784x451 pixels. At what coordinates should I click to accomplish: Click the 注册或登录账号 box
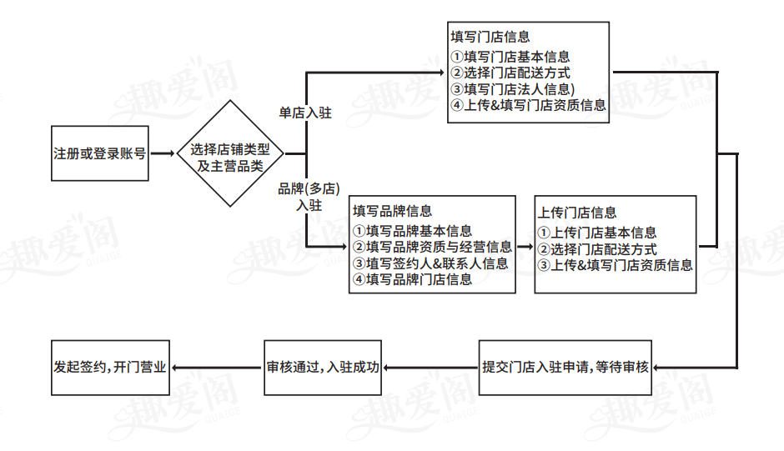(x=100, y=154)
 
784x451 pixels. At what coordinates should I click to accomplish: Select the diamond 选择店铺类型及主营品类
(x=229, y=154)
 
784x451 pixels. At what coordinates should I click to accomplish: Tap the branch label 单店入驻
(x=304, y=113)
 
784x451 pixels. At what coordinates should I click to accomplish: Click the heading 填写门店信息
(x=490, y=38)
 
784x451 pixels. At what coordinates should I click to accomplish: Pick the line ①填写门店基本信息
(x=510, y=57)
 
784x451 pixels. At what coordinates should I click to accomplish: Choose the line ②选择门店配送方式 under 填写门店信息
(x=510, y=73)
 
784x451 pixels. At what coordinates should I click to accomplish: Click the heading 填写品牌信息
(x=392, y=212)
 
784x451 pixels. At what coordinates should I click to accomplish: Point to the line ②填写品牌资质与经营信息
(x=432, y=247)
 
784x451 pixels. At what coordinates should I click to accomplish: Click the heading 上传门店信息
(x=577, y=213)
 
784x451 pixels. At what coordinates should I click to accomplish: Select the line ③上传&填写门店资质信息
(x=615, y=265)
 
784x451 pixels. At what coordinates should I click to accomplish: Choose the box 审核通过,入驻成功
(x=323, y=367)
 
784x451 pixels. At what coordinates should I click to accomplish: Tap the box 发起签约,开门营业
(x=110, y=367)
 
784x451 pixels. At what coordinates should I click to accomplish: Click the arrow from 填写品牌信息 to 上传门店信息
(x=524, y=247)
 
